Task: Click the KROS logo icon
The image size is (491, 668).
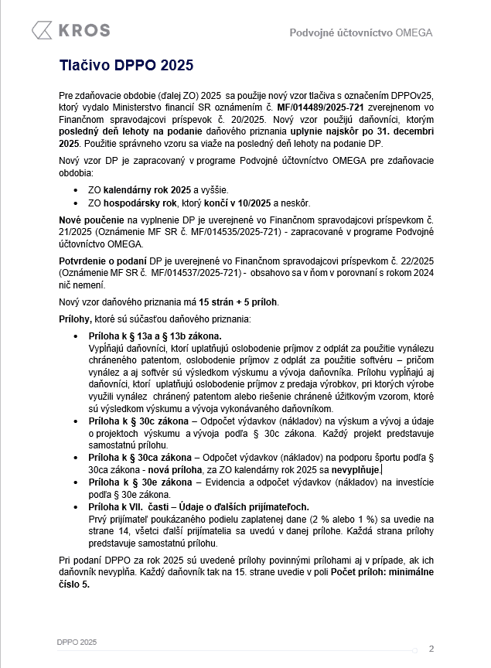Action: [43, 31]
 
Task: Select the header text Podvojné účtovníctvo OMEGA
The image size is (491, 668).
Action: [360, 32]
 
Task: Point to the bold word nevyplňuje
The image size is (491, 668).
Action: [356, 469]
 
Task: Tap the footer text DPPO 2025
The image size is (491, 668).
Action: [77, 642]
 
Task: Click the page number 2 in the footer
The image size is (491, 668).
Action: [431, 649]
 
